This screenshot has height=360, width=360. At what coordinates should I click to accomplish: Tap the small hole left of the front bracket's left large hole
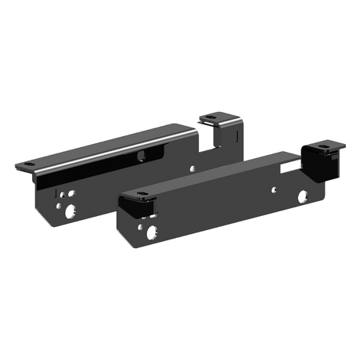pyautogui.click(x=139, y=228)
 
